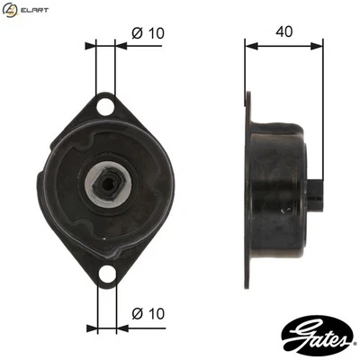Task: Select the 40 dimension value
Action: click(284, 31)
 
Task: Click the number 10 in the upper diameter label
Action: click(156, 32)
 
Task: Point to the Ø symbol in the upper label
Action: click(137, 32)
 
